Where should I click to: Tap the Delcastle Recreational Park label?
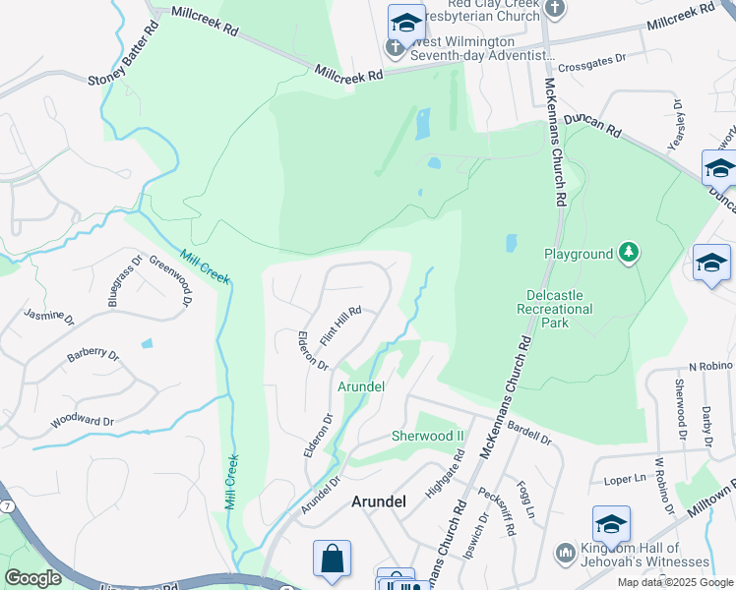(555, 308)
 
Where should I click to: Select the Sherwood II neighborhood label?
(427, 436)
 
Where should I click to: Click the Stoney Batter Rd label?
(123, 54)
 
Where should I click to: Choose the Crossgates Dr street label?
(591, 58)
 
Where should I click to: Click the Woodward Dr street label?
(84, 420)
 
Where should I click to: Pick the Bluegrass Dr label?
(119, 281)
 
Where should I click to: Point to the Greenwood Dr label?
(168, 279)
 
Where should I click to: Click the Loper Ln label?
(619, 481)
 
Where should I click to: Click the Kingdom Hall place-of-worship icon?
(565, 553)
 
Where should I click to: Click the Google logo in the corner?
(32, 578)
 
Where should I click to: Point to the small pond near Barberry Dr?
(147, 344)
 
